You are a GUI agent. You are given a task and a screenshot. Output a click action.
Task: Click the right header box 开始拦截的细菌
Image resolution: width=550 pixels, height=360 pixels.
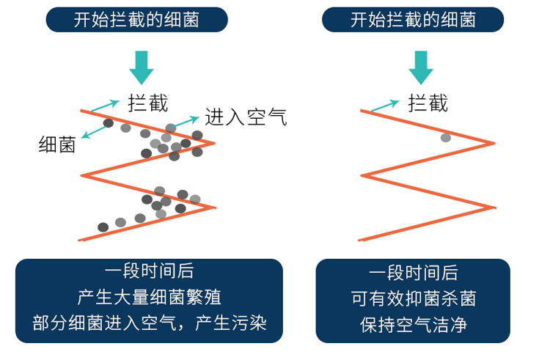click(x=413, y=20)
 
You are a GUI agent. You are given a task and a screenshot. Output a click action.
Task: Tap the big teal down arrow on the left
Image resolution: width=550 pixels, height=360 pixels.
click(x=141, y=67)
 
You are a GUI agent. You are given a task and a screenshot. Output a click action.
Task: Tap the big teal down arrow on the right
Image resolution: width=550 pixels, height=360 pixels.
click(x=419, y=67)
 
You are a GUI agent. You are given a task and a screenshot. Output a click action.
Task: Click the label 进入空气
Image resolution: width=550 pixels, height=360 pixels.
click(x=246, y=116)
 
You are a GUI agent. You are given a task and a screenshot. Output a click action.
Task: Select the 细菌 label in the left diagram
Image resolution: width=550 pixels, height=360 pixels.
click(x=57, y=144)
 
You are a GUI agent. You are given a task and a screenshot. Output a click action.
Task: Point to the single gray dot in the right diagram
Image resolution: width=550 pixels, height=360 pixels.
click(x=445, y=138)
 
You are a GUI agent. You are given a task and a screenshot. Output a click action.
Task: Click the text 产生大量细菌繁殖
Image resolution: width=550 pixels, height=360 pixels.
click(x=149, y=297)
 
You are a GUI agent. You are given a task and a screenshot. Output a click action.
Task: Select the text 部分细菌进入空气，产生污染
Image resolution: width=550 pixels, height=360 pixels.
click(x=149, y=323)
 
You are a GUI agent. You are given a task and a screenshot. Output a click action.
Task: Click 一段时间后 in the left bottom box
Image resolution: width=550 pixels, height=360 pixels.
click(x=149, y=272)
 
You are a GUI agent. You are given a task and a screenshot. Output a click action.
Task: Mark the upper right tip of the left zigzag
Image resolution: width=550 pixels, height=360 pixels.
click(x=214, y=143)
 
